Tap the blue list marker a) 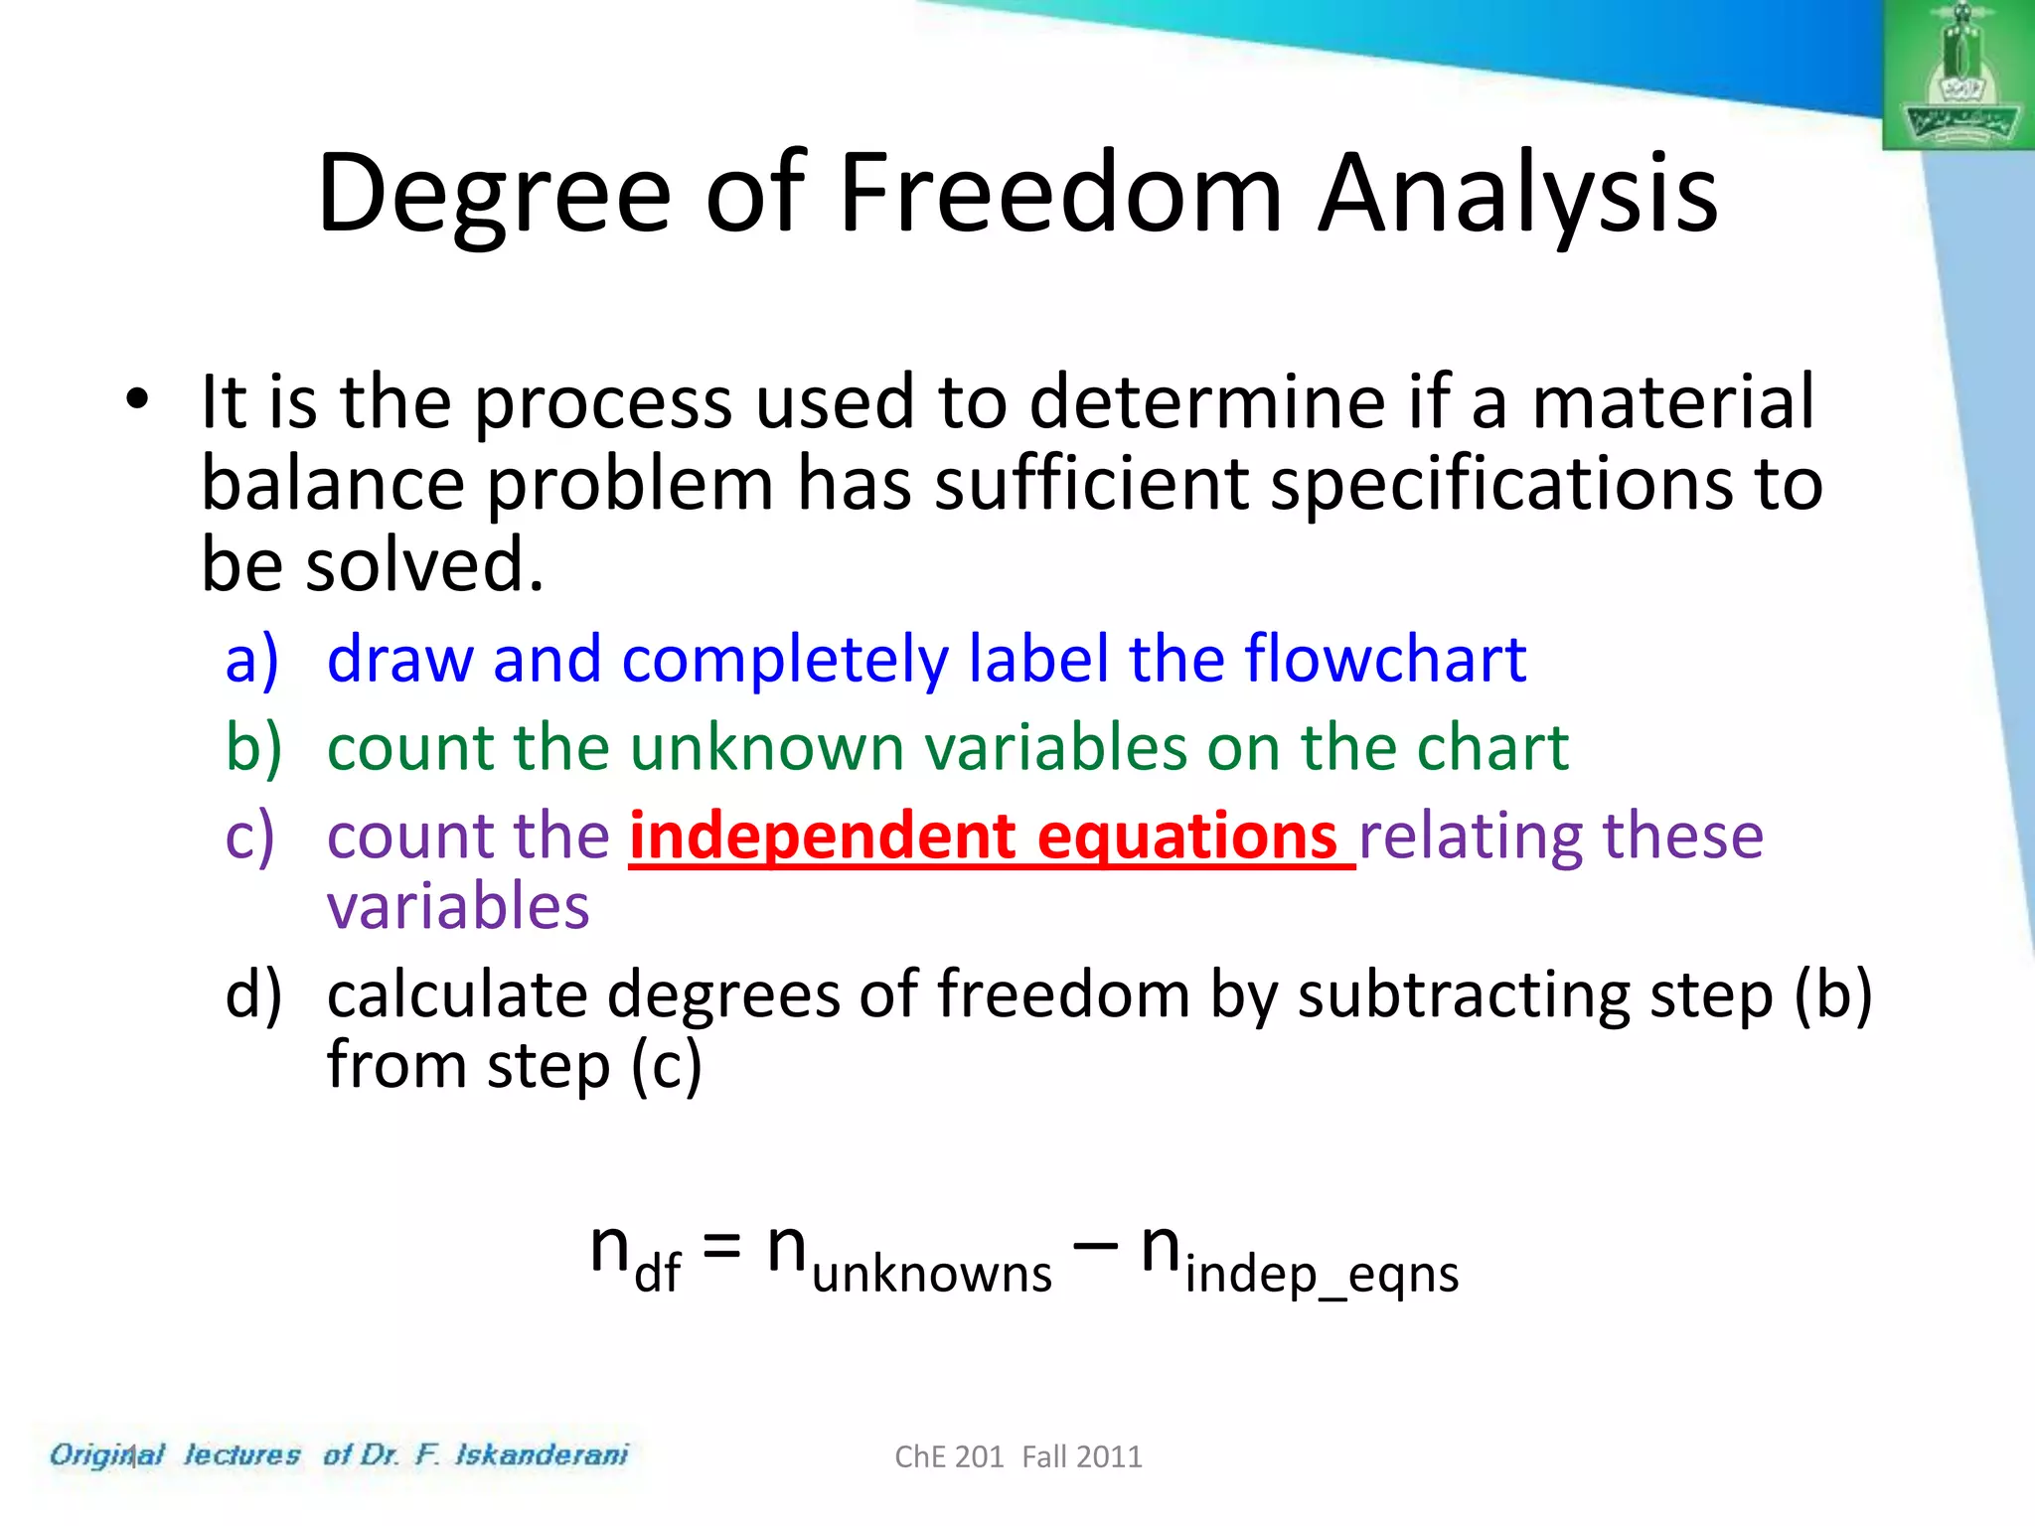pyautogui.click(x=251, y=660)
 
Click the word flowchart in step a pyautogui.click(x=1385, y=659)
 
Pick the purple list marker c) pyautogui.click(x=249, y=836)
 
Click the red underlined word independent pyautogui.click(x=824, y=836)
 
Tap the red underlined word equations pyautogui.click(x=1187, y=836)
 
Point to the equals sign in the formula pyautogui.click(x=722, y=1246)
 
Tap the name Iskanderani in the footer pyautogui.click(x=542, y=1454)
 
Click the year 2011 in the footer pyautogui.click(x=1110, y=1456)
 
